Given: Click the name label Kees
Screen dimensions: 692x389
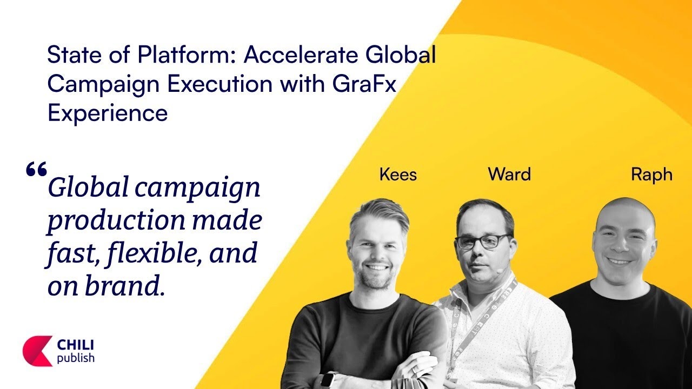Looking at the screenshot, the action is (x=398, y=174).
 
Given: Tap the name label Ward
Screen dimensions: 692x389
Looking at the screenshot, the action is (x=509, y=174).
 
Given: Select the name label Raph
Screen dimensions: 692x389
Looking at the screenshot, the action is (x=651, y=175).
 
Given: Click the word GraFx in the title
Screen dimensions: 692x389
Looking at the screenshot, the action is (x=364, y=83).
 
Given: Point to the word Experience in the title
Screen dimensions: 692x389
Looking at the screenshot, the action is (x=108, y=113).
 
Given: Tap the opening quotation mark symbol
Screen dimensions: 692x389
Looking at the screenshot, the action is (x=36, y=169).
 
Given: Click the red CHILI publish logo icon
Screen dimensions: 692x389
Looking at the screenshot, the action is (x=37, y=351).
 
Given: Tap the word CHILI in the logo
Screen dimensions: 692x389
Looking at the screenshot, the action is (x=75, y=345).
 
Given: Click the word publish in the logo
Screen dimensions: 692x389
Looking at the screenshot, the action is (x=76, y=358).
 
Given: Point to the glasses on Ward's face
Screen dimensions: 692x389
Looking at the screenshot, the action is (x=483, y=242).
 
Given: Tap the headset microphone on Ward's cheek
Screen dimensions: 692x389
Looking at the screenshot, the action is (x=500, y=271).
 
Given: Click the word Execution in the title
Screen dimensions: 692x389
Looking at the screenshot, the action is (x=219, y=83).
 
